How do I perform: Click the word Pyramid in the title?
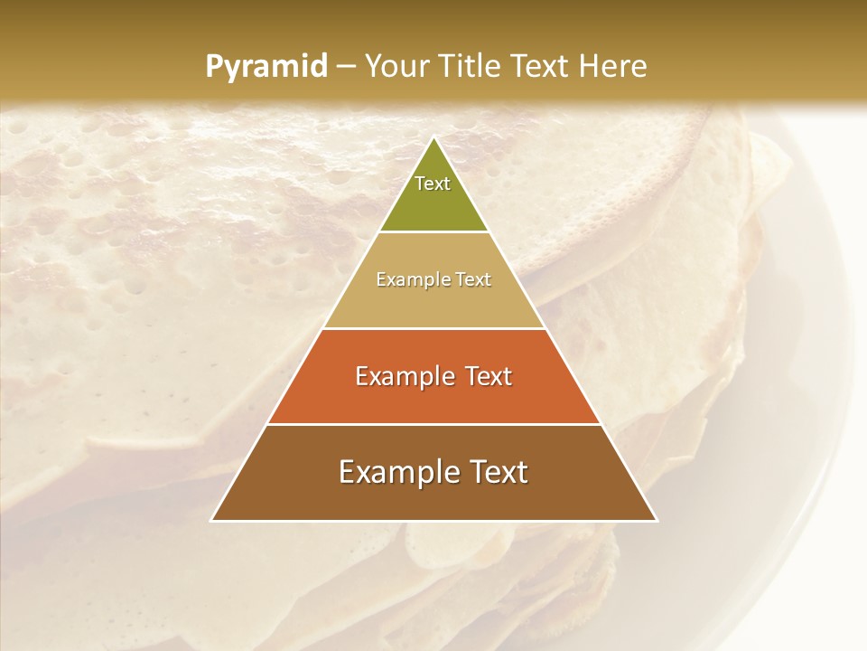(x=266, y=67)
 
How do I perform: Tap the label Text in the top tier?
(x=433, y=184)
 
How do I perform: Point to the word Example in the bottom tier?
(x=394, y=472)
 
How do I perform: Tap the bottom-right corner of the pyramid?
(x=656, y=520)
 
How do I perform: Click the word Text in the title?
(x=542, y=66)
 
